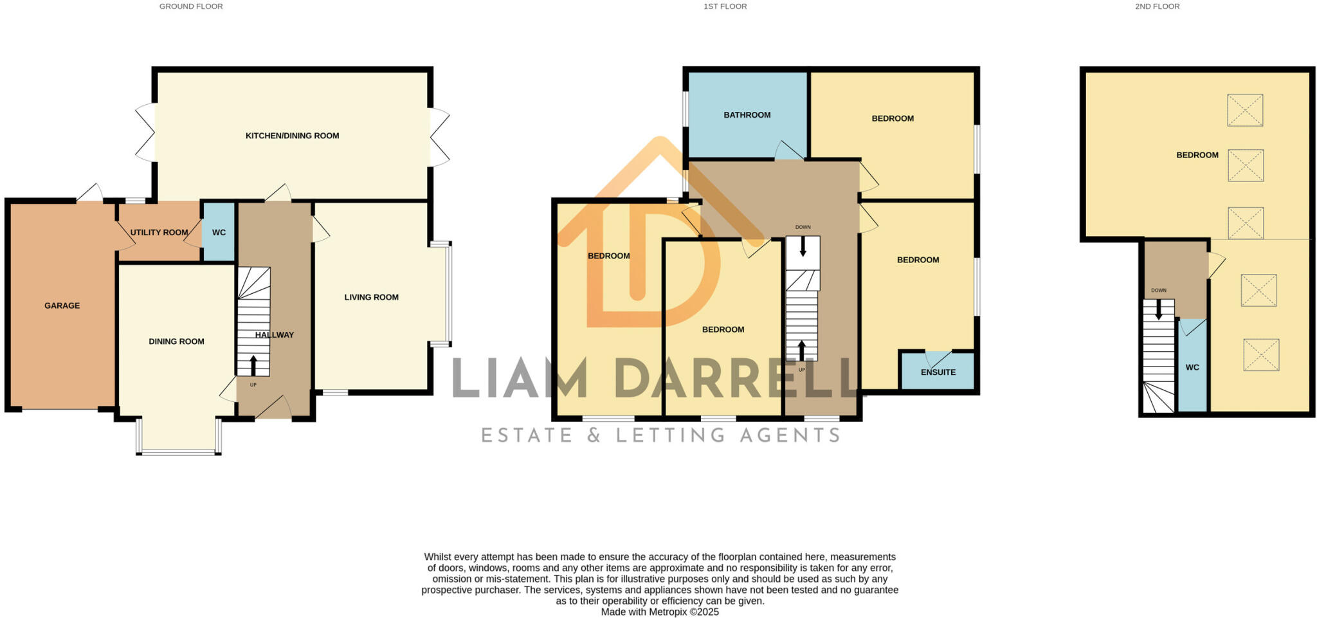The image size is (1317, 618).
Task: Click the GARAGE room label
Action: pyautogui.click(x=62, y=305)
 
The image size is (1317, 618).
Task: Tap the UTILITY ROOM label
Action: pyautogui.click(x=159, y=232)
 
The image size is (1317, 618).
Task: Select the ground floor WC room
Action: pyautogui.click(x=219, y=232)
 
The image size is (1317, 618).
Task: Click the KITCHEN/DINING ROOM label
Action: pyautogui.click(x=292, y=136)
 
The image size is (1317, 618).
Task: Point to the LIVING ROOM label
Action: pyautogui.click(x=371, y=297)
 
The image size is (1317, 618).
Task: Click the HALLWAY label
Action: pyautogui.click(x=275, y=334)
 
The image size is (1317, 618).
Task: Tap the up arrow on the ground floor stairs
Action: pyautogui.click(x=253, y=365)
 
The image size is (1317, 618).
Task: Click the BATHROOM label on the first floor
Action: pyautogui.click(x=747, y=115)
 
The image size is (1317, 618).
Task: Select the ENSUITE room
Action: pyautogui.click(x=938, y=372)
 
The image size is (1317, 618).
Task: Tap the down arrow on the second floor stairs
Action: pyautogui.click(x=1159, y=310)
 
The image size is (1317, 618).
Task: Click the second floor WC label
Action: pyautogui.click(x=1192, y=367)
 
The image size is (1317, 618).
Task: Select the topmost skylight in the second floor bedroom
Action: pyautogui.click(x=1245, y=110)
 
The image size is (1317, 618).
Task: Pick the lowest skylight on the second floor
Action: pyautogui.click(x=1260, y=355)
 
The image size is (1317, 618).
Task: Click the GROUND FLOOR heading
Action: pyautogui.click(x=191, y=6)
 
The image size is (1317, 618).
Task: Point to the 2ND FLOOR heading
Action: pyautogui.click(x=1157, y=6)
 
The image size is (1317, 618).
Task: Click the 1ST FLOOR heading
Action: pyautogui.click(x=725, y=6)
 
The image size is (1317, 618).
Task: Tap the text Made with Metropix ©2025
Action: pyautogui.click(x=660, y=612)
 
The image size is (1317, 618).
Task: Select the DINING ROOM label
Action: pyautogui.click(x=176, y=341)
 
